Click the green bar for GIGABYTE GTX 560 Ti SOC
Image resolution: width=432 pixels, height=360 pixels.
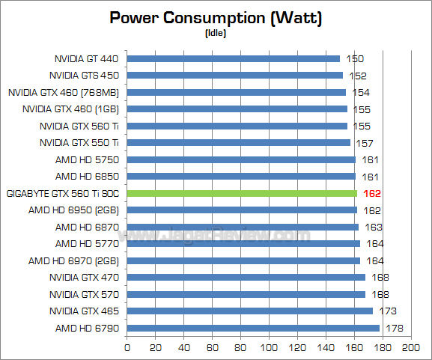tap(242, 193)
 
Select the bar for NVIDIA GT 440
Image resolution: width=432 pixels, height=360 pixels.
tap(234, 58)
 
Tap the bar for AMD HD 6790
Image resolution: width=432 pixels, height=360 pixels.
tap(253, 328)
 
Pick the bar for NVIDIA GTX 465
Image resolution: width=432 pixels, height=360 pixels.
tap(250, 311)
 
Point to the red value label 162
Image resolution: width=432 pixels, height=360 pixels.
tap(371, 193)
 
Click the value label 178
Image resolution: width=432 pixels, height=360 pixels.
tap(394, 328)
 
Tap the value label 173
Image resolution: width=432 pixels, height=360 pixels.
tap(389, 311)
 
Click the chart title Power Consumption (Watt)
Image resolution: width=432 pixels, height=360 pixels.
tap(216, 17)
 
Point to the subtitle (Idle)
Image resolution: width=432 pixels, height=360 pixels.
tap(216, 33)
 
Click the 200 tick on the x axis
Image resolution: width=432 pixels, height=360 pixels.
tap(410, 349)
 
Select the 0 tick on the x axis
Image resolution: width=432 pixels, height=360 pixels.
tap(127, 349)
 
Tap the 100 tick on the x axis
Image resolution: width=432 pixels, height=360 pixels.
tap(269, 349)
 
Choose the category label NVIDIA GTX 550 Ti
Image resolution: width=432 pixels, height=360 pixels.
tap(79, 142)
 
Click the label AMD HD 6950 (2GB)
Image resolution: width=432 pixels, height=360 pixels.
tap(73, 210)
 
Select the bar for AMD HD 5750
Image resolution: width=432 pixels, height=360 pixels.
tap(241, 159)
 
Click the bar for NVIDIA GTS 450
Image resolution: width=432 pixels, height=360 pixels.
tap(235, 75)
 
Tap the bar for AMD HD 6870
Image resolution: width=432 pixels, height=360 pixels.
tap(243, 227)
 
